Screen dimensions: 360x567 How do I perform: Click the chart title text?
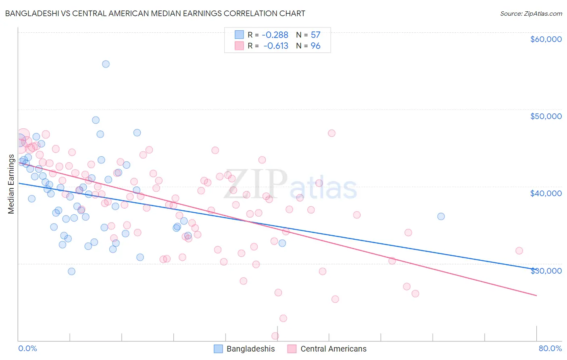click(155, 13)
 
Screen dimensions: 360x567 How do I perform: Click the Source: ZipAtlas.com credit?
click(531, 13)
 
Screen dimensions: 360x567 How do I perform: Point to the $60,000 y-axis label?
click(546, 39)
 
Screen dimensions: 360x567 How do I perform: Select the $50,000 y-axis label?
click(546, 116)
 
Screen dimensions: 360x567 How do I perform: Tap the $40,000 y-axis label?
click(546, 193)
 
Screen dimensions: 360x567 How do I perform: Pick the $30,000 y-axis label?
click(546, 271)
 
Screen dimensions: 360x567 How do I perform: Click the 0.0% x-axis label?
click(27, 348)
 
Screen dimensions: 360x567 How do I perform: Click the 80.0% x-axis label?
click(550, 348)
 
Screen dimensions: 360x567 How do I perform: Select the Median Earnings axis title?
click(11, 184)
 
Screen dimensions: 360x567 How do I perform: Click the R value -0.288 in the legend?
click(275, 35)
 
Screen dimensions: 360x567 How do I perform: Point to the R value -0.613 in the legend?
click(276, 46)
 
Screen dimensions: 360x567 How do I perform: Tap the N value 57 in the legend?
click(315, 35)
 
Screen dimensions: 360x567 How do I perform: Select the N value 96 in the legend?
click(315, 46)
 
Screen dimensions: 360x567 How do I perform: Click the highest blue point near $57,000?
click(106, 64)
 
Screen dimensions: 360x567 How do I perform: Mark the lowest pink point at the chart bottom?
click(275, 336)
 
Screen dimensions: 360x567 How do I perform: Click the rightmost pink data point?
click(519, 251)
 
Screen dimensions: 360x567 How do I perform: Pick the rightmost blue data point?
click(441, 216)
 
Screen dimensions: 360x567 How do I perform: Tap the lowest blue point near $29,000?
click(71, 271)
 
